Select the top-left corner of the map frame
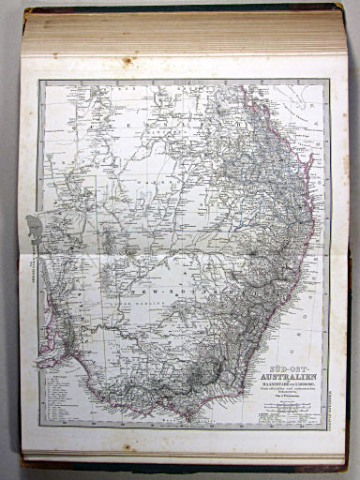pos(39,81)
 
